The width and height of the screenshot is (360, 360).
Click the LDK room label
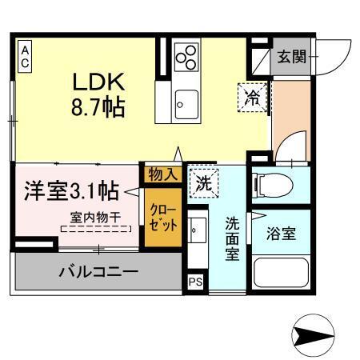click(x=98, y=83)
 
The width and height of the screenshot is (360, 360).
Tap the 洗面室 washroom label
click(x=232, y=238)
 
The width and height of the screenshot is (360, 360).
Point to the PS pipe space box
click(x=195, y=282)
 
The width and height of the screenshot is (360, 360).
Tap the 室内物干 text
click(x=95, y=216)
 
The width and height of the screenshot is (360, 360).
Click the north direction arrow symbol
click(x=313, y=334)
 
